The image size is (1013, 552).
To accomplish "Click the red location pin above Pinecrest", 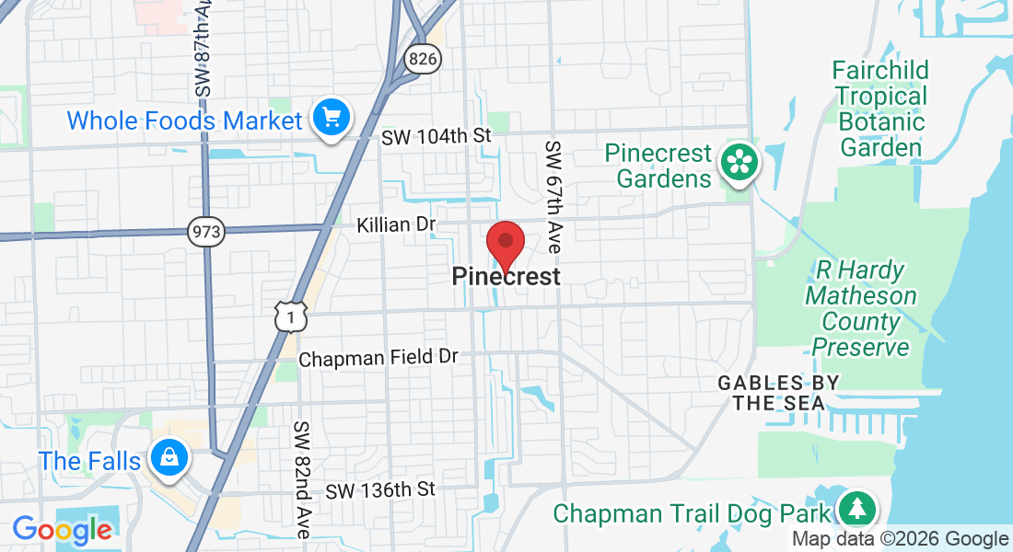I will (505, 243).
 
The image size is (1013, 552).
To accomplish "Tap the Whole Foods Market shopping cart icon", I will (331, 118).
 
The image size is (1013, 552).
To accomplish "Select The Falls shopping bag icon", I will (169, 457).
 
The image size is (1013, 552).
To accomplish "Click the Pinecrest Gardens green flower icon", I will (739, 163).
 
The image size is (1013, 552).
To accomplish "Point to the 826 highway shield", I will (422, 60).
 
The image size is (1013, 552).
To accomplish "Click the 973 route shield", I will (205, 232).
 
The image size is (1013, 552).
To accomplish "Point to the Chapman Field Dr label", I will (378, 358).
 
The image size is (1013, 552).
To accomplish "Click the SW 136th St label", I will (378, 489).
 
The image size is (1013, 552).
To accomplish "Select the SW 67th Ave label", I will (553, 198).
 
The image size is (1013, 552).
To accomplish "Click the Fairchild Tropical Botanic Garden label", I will (879, 109).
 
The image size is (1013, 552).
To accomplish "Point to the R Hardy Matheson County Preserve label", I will (861, 309).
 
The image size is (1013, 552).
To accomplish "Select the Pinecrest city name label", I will (506, 276).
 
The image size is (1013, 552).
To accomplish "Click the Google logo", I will (62, 530).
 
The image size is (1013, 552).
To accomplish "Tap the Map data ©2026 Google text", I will (900, 539).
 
